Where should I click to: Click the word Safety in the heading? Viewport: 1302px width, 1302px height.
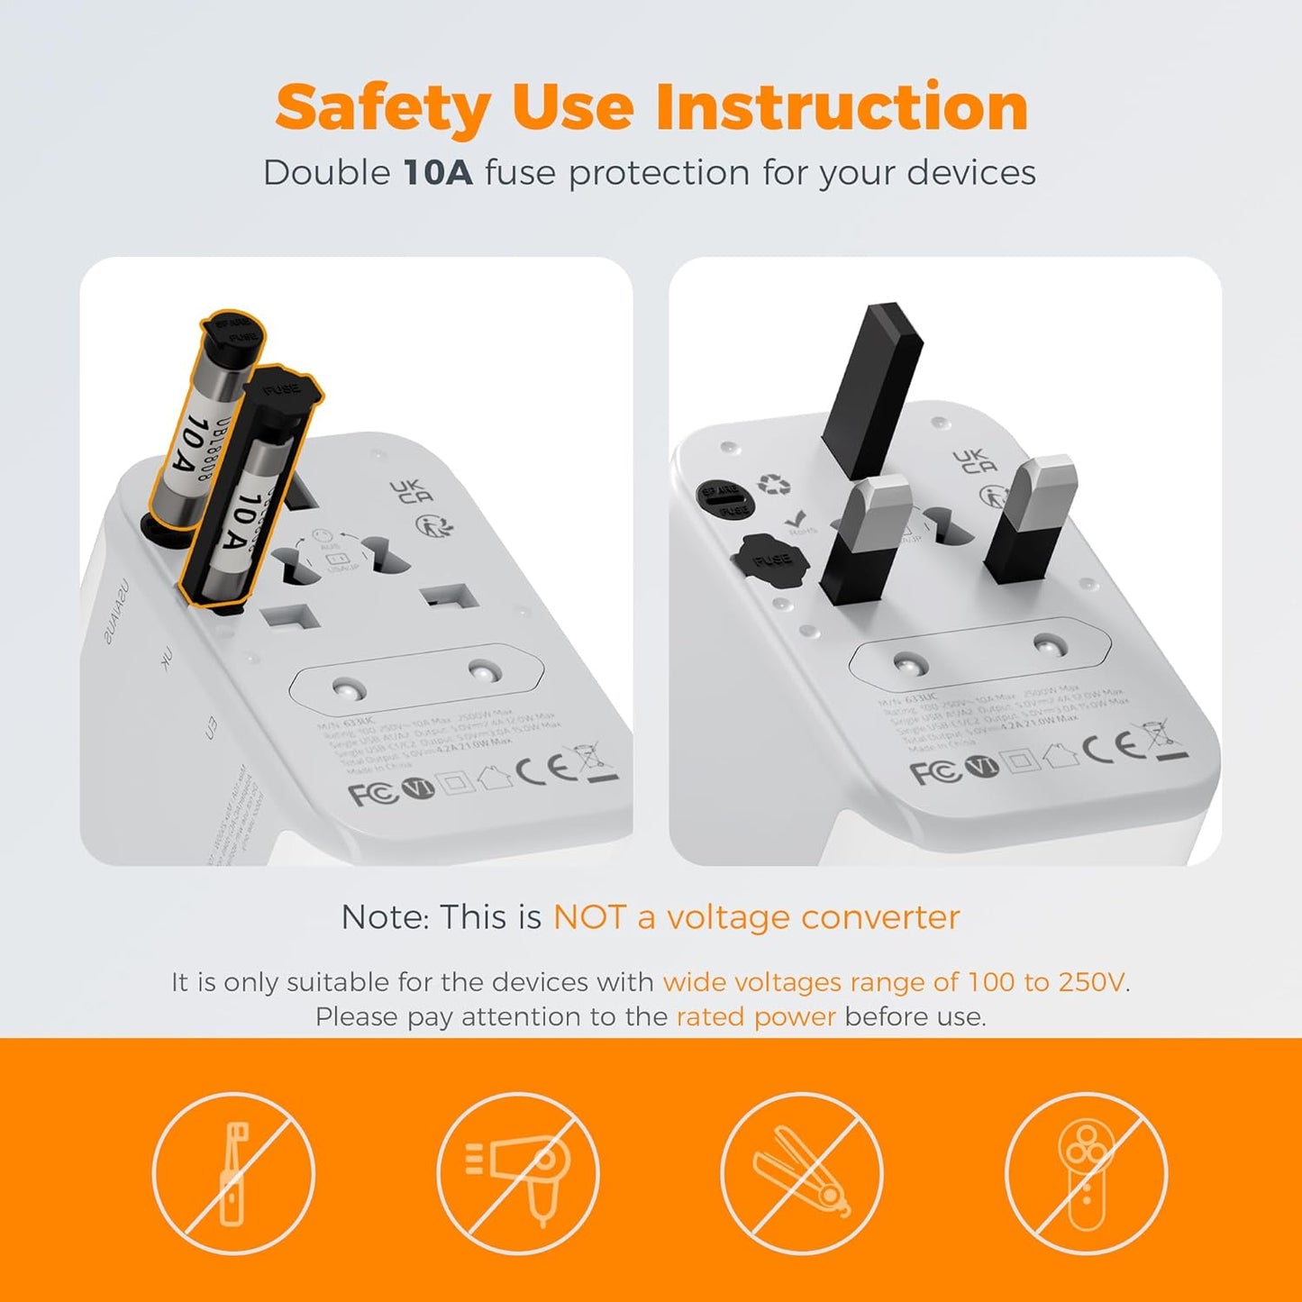click(383, 108)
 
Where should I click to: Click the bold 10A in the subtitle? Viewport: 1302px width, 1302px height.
click(438, 173)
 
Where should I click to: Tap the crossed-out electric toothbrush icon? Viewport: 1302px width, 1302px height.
click(233, 1173)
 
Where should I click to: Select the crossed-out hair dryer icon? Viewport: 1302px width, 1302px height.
click(518, 1173)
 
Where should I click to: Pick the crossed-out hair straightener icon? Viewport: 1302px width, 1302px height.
click(801, 1173)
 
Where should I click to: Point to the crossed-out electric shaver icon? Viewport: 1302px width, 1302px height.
click(1086, 1173)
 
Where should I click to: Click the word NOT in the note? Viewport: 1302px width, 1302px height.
click(588, 917)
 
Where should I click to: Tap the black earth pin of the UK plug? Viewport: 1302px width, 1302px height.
click(873, 387)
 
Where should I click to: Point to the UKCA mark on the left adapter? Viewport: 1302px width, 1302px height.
click(412, 492)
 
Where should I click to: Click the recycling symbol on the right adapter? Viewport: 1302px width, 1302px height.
click(774, 484)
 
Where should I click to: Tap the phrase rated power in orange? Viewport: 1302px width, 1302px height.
click(756, 1017)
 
